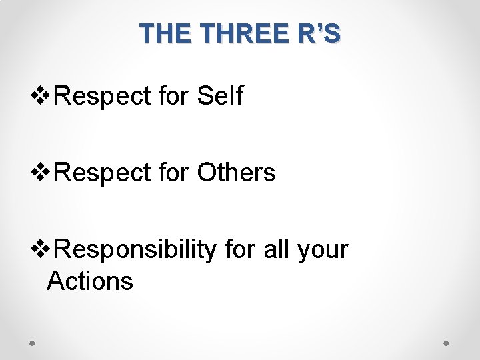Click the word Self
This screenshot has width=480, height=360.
220,96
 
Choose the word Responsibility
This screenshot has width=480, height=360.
135,250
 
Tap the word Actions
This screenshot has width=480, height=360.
90,281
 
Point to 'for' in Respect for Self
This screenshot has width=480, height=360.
174,96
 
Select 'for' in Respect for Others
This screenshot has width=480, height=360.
174,173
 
